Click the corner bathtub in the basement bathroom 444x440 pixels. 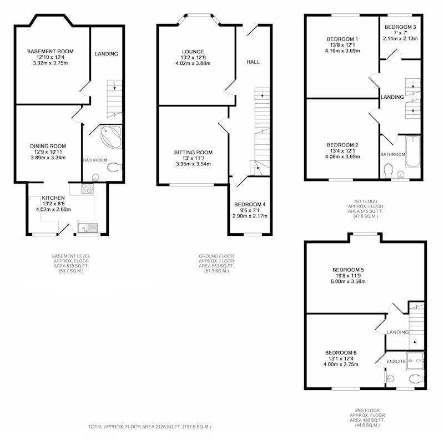[x=112, y=136]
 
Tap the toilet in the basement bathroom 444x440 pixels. [x=115, y=167]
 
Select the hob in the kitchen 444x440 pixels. [x=88, y=188]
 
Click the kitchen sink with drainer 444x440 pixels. [x=88, y=228]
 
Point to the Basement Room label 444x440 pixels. [x=51, y=52]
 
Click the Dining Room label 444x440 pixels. [x=48, y=146]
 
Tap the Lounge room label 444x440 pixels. [x=193, y=52]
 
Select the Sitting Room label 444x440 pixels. [x=193, y=153]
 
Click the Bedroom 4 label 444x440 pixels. [x=250, y=204]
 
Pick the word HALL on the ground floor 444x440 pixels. [x=253, y=62]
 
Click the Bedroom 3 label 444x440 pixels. [x=400, y=27]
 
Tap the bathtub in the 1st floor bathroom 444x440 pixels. [x=413, y=152]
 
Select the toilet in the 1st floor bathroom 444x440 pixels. [x=388, y=170]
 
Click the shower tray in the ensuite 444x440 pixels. [x=415, y=361]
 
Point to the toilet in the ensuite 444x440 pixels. [x=417, y=378]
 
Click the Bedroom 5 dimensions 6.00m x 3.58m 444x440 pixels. [x=349, y=281]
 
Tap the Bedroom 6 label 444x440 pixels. [x=341, y=353]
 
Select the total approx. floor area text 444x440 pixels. [x=149, y=427]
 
